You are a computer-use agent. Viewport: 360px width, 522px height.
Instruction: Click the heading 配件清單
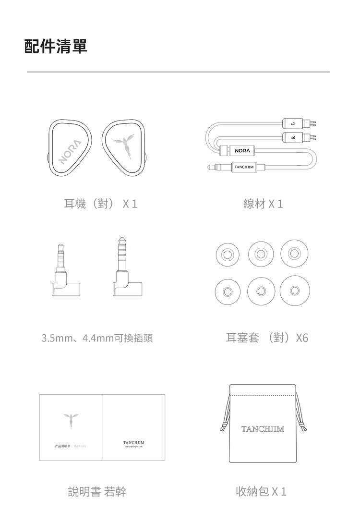point(56,47)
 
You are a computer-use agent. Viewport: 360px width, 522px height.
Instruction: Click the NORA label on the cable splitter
point(242,151)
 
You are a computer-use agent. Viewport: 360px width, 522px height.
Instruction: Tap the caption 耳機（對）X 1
point(101,204)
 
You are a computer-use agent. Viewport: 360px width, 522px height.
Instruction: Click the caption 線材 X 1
point(263,204)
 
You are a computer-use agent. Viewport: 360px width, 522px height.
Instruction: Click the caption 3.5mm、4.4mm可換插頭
point(97,339)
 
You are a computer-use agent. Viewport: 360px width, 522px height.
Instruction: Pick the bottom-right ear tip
point(294,290)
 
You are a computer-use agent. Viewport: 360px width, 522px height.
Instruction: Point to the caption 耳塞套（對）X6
point(266,338)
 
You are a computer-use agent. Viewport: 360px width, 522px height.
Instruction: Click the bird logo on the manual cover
point(71,420)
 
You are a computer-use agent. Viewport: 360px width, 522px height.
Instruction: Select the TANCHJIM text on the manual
point(134,441)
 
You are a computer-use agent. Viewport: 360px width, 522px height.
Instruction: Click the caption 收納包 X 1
point(261,491)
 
